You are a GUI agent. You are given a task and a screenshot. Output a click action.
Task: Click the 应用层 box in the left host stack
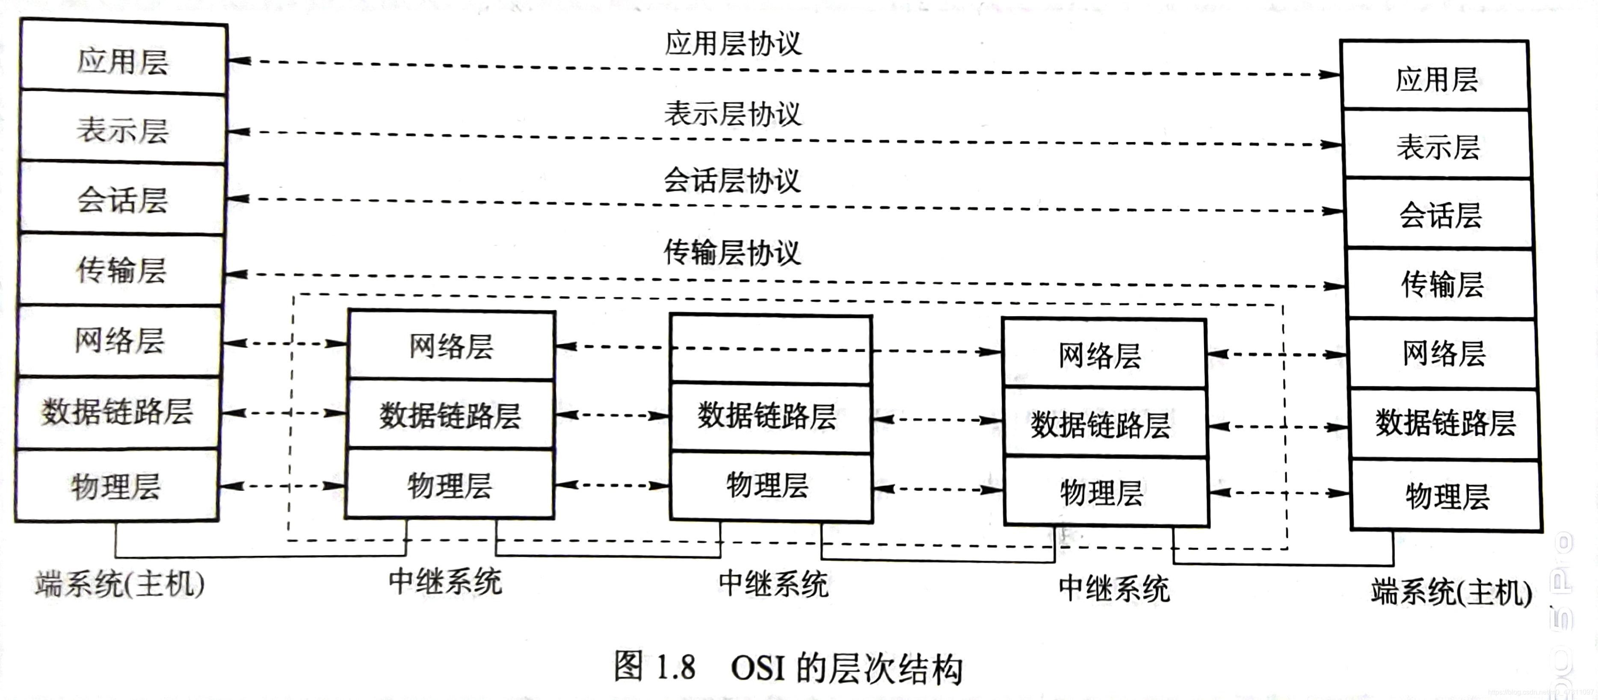(123, 60)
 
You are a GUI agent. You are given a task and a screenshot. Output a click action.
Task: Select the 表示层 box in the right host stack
(1437, 146)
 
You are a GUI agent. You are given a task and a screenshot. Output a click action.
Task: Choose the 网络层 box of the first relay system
(451, 346)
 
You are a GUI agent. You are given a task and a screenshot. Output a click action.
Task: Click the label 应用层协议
(733, 44)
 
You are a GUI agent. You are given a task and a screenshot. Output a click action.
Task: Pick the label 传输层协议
(732, 252)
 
